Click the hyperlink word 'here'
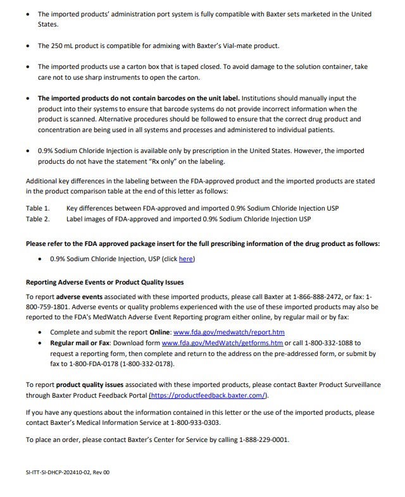186,259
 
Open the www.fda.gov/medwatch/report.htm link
229,332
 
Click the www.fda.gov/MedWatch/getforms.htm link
222,343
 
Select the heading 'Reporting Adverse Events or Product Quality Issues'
104,282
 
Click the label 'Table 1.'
37,208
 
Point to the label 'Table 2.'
37,219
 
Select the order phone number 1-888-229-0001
263,440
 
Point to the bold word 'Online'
159,332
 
